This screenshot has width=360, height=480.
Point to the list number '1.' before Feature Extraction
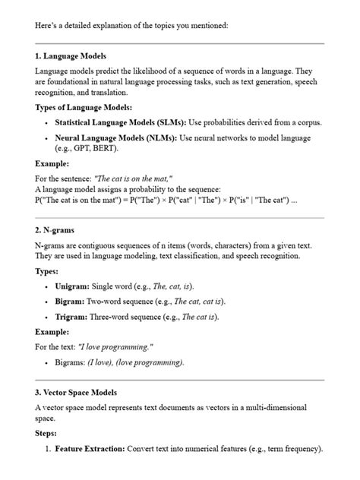[x=46, y=449]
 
